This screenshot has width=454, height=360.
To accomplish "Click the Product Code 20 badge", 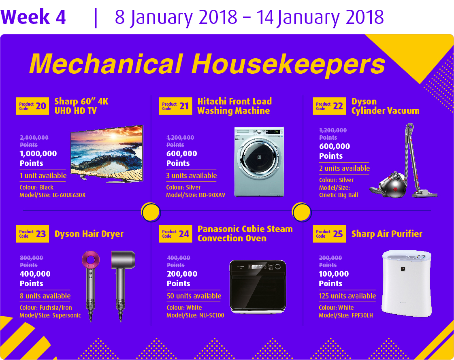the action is point(32,106).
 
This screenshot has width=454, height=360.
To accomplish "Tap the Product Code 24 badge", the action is point(175,233).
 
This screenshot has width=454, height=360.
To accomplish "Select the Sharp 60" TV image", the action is point(107,153).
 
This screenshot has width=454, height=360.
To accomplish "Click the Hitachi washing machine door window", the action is point(259,157).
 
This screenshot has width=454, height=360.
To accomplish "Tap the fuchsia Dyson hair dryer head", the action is point(91,259).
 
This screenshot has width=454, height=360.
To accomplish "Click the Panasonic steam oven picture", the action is point(258,287).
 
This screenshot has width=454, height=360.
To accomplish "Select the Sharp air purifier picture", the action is point(407,283).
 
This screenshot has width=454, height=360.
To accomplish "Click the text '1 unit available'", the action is point(43,175).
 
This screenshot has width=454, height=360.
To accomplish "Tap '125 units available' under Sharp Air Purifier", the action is point(347,296).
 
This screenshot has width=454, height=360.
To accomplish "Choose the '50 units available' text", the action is point(194,296).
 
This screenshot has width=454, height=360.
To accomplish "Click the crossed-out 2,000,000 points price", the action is point(34,141).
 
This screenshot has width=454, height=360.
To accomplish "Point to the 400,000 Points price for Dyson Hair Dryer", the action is point(35,278).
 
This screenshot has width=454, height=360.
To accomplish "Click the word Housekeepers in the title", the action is point(288,64).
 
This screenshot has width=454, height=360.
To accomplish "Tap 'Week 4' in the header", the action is point(33,17).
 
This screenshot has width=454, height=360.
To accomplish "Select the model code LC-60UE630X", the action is point(69,195).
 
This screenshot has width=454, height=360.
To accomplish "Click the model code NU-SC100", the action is point(211,315).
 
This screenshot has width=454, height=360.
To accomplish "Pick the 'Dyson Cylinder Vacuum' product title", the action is point(385,106).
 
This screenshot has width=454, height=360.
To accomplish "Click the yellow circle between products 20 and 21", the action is point(151,212).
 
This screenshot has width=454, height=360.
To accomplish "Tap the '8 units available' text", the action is point(45,296).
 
